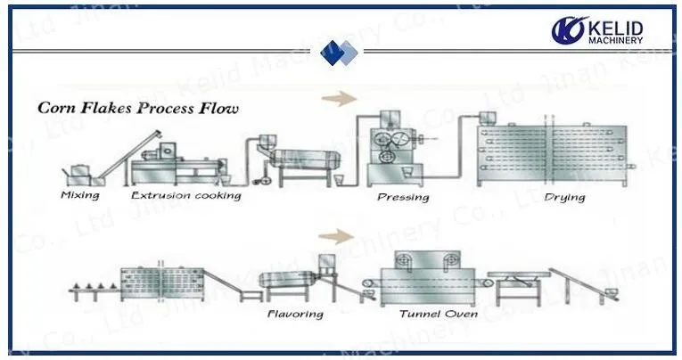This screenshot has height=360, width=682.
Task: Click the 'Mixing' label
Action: coord(80,194)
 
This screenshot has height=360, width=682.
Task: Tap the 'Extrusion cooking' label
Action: coord(185,194)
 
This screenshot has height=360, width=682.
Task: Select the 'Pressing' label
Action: coord(404,197)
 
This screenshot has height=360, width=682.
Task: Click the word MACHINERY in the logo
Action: coord(615,41)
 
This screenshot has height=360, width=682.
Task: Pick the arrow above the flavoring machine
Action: coord(335,236)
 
